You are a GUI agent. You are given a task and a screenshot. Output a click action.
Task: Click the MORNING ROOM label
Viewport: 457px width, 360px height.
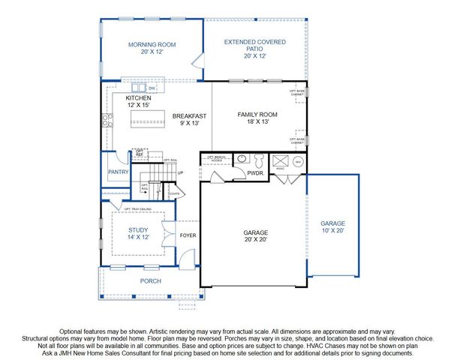(152, 45)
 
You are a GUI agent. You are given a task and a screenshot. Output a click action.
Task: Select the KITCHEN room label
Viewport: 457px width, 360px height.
(139, 98)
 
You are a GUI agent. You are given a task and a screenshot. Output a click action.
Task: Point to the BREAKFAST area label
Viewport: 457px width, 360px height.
(189, 116)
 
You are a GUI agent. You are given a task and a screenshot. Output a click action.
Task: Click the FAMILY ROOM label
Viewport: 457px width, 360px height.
(257, 115)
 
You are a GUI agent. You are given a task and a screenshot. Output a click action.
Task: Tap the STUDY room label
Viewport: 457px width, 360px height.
(137, 230)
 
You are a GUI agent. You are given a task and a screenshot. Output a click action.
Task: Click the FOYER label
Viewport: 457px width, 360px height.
(188, 235)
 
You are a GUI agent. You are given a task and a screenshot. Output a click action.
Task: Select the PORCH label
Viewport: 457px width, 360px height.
(151, 282)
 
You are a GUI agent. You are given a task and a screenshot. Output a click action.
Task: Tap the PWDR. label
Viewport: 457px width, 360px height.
(255, 173)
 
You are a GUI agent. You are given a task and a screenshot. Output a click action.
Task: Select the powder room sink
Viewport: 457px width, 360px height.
(242, 160)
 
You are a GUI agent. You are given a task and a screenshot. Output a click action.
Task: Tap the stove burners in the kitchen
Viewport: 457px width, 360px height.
(108, 121)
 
